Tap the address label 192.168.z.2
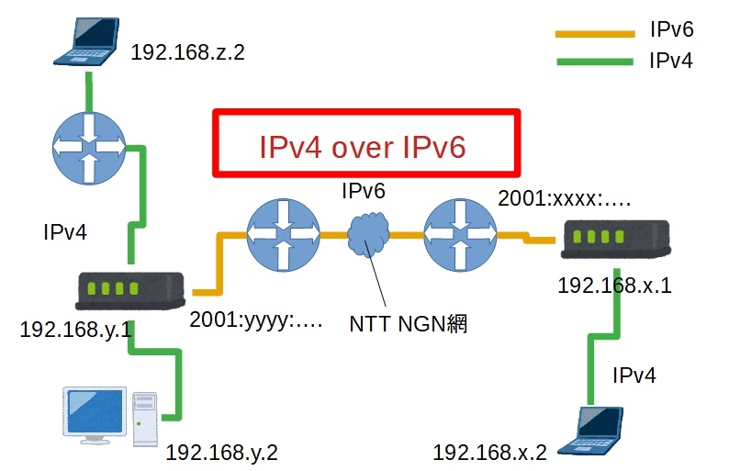[x=188, y=51]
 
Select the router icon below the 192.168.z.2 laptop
[x=88, y=145]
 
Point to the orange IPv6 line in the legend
[x=594, y=34]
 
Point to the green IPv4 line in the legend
[x=594, y=62]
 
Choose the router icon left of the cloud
[x=283, y=235]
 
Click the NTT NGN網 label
[x=409, y=323]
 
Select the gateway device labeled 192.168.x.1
[x=613, y=240]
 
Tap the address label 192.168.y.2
[x=221, y=452]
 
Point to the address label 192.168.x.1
[x=614, y=285]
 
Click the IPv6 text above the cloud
[x=363, y=191]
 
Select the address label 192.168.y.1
[x=76, y=328]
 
